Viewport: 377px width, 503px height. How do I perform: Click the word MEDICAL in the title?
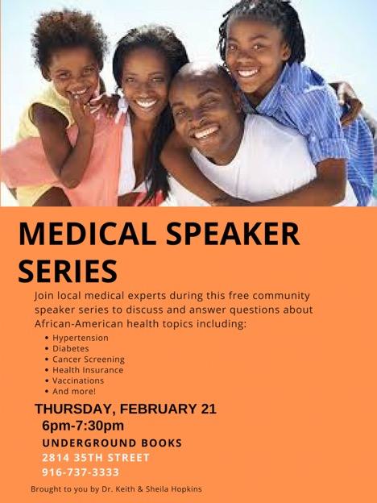88,234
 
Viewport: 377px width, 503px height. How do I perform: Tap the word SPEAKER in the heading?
234,234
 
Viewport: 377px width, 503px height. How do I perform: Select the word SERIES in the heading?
68,271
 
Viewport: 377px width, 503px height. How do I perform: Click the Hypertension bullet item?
81,338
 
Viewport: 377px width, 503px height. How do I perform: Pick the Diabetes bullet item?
71,348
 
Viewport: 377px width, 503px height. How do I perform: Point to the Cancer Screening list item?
89,360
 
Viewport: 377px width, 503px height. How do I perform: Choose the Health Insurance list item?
88,370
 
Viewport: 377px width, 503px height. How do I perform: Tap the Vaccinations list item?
78,380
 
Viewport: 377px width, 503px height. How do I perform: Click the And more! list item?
74,392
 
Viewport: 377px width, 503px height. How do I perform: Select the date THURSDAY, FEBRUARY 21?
126,409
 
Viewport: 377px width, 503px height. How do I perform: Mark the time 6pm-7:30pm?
83,426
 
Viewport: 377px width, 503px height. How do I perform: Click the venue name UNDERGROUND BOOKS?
112,443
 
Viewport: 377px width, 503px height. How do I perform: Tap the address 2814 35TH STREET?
96,457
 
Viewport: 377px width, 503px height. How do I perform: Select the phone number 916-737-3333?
81,472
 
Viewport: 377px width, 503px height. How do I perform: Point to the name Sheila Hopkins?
174,489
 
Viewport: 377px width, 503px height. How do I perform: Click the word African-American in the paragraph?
79,324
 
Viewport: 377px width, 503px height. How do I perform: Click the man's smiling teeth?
205,133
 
